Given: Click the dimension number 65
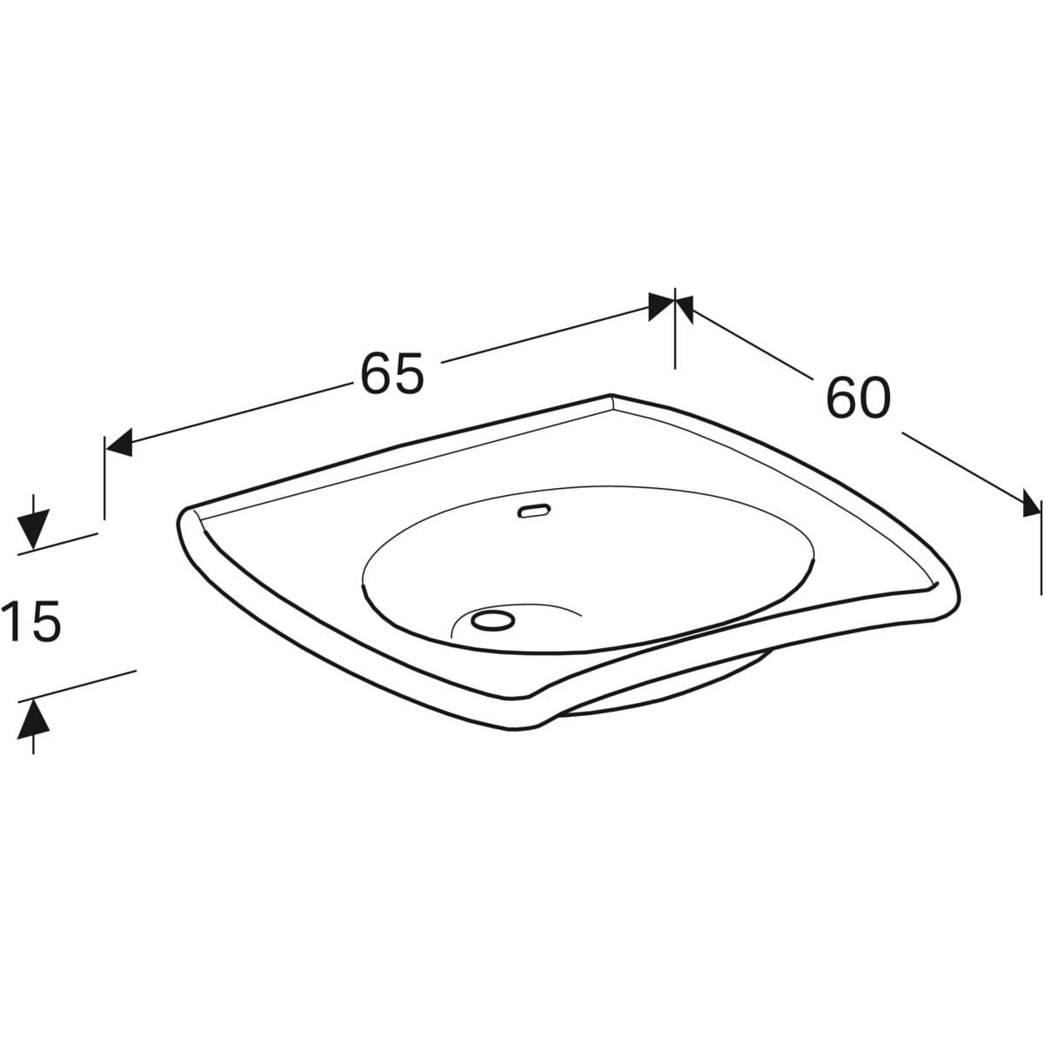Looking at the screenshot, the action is [x=391, y=373].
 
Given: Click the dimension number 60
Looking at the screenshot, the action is [x=859, y=398].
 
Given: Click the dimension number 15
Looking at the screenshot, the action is [x=31, y=622].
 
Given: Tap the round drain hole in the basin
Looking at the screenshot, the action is [x=492, y=619].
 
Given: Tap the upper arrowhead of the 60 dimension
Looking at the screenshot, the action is [x=685, y=310].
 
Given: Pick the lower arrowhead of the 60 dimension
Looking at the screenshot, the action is [x=1031, y=503].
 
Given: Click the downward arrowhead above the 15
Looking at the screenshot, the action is [x=34, y=529].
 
